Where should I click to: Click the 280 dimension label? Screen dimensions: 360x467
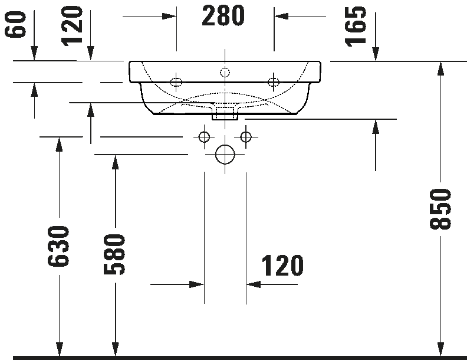tap(223, 16)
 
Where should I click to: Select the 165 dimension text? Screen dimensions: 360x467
tap(356, 26)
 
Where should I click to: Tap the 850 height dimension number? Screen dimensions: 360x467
tap(441, 209)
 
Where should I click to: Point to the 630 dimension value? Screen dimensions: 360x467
tap(60, 246)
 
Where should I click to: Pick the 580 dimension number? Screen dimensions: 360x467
tap(115, 254)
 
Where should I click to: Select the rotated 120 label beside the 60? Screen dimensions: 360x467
tap(73, 25)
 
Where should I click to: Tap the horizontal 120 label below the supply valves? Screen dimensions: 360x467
tap(282, 266)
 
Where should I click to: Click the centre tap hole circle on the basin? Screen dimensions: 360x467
tap(224, 73)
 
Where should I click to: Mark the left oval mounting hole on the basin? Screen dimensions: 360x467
tap(176, 81)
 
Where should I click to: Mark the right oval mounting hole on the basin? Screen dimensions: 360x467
tap(273, 81)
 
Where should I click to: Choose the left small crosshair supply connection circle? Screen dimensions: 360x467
tap(204, 138)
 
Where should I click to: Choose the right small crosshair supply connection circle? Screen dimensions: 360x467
tap(246, 138)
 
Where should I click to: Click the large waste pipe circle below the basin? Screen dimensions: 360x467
tap(225, 155)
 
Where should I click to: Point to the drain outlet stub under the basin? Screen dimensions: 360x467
tap(225, 112)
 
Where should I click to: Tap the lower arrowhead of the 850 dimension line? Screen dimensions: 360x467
tap(440, 349)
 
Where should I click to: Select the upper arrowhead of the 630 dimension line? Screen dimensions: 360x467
tap(59, 144)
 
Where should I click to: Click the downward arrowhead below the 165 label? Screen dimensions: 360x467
tap(376, 54)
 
